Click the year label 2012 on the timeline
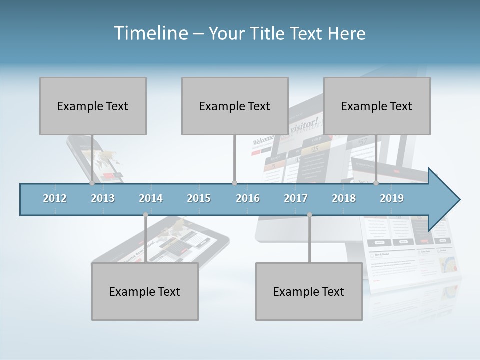[x=55, y=198]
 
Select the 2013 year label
[x=103, y=198]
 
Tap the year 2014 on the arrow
[x=151, y=198]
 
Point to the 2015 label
[x=199, y=198]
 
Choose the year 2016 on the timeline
[x=248, y=198]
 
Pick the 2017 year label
[x=296, y=198]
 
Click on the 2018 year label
[x=344, y=198]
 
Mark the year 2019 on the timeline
[x=392, y=198]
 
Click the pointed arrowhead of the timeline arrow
[x=447, y=200]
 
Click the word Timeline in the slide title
[x=150, y=33]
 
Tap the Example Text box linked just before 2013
[x=93, y=106]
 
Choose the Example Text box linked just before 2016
[x=235, y=106]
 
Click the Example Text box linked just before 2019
[x=377, y=106]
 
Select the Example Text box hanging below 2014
[x=145, y=291]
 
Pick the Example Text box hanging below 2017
[x=309, y=291]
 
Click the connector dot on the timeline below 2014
[x=145, y=215]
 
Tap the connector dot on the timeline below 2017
[x=309, y=215]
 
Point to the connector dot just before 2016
[x=234, y=183]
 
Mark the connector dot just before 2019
[x=376, y=183]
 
